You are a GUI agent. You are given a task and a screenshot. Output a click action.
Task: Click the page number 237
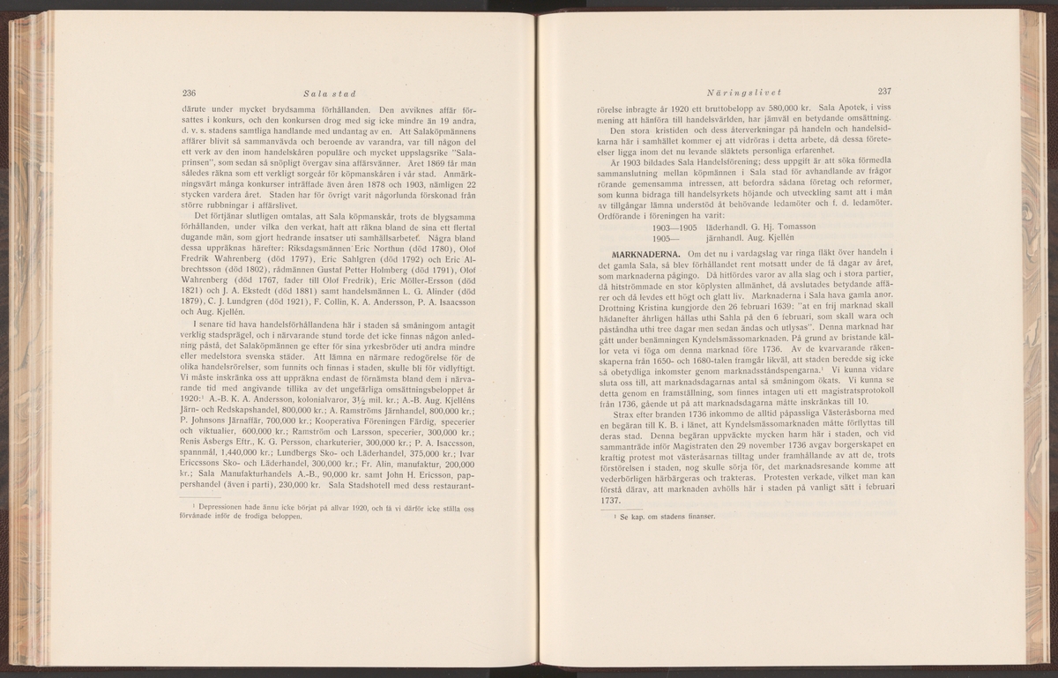886,93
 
